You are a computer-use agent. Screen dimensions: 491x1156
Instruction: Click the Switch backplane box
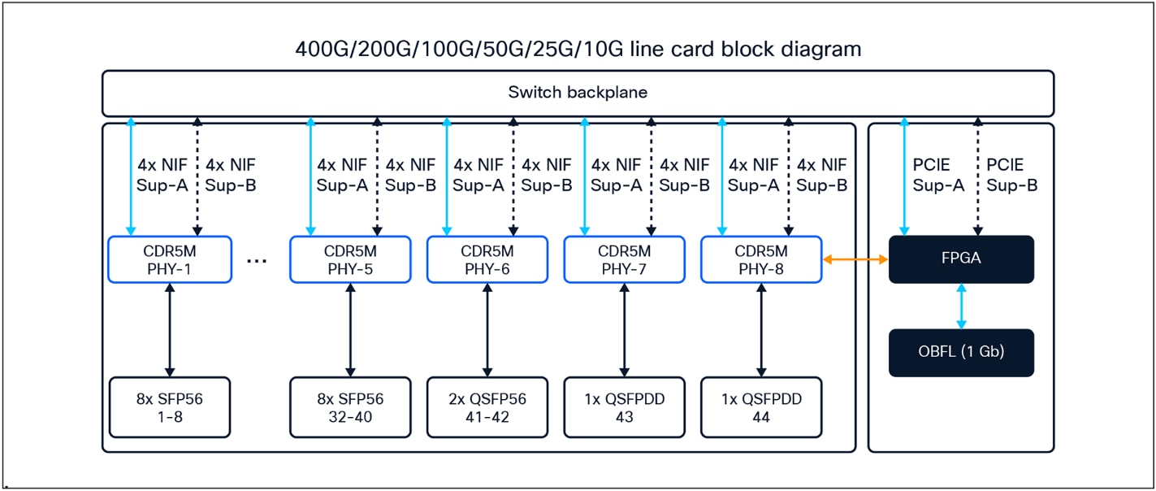click(x=578, y=93)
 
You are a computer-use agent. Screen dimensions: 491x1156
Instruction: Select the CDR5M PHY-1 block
click(x=169, y=259)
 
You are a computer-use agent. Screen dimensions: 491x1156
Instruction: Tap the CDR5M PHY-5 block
click(x=350, y=259)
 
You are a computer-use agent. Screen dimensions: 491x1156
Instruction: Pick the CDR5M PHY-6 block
click(x=487, y=259)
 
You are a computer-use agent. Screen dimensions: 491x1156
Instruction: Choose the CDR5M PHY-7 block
click(x=625, y=259)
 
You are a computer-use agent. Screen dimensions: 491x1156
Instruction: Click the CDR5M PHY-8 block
click(x=761, y=259)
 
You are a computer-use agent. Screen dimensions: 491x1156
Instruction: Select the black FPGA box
click(x=961, y=259)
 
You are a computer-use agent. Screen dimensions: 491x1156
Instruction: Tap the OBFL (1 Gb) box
click(x=961, y=353)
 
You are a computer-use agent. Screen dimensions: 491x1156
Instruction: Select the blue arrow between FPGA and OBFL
click(x=962, y=306)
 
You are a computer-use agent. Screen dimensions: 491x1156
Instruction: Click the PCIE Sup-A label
click(x=937, y=175)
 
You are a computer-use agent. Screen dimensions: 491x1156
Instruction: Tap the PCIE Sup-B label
click(x=1011, y=175)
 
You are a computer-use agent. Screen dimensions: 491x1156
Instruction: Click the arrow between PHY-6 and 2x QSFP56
click(x=487, y=330)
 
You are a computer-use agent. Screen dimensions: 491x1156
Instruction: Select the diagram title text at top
click(x=578, y=50)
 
